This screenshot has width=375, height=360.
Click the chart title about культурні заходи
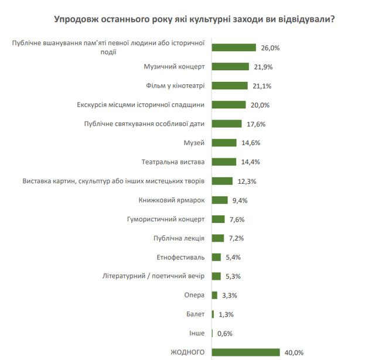194,19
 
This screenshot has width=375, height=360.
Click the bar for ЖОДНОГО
246,352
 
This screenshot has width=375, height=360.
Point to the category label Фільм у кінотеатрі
175,85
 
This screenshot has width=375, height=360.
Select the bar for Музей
224,143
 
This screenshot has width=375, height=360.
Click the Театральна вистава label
173,162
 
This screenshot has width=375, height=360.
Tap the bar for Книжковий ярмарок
219,200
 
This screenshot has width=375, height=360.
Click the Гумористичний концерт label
166,219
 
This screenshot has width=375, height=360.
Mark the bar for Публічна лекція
217,238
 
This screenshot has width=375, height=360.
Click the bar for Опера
214,295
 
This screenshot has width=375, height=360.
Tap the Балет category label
195,314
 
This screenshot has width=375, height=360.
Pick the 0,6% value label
225,333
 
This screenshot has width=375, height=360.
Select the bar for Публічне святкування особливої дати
226,124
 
